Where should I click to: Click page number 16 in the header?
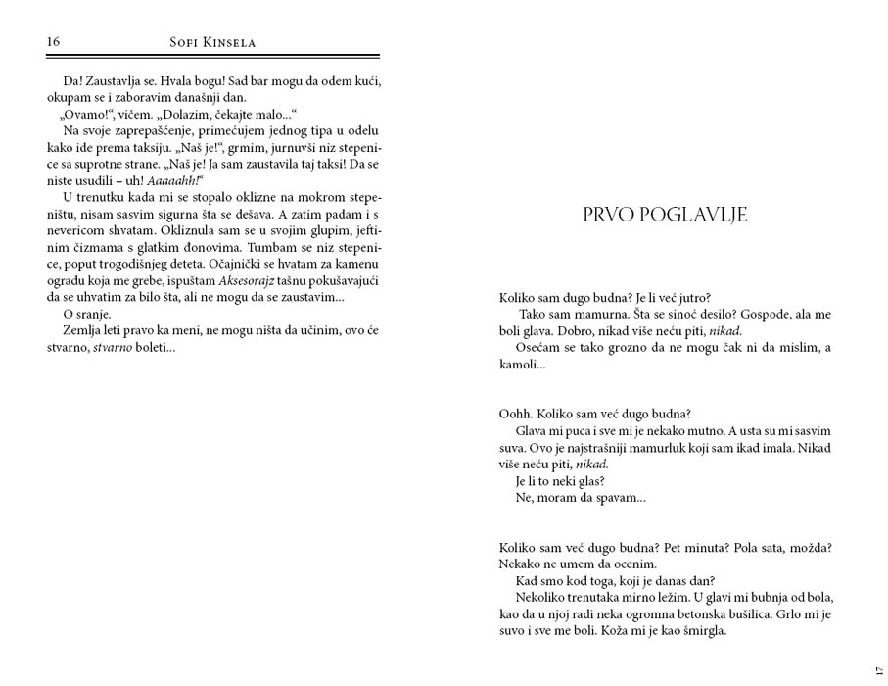(x=54, y=41)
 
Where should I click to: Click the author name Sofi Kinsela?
(x=212, y=42)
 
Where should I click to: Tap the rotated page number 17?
(x=876, y=669)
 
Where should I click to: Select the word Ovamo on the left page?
(x=85, y=114)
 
